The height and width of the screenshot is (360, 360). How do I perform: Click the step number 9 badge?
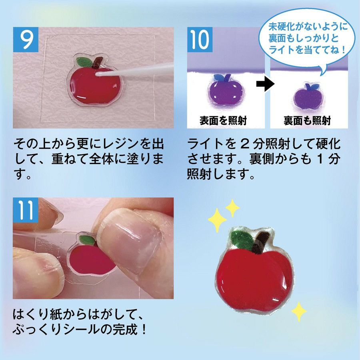26,40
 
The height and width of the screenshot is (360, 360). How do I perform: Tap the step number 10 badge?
200,40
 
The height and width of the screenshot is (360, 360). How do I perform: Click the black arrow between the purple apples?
265,84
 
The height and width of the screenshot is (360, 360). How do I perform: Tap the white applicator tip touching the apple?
99,74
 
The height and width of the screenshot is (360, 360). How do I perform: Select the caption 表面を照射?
223,121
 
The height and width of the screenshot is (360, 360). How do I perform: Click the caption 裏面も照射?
307,121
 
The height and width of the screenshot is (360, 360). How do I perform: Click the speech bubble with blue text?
306,41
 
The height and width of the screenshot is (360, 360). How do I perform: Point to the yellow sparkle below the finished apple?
299,311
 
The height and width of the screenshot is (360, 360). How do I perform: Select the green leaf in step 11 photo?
87,240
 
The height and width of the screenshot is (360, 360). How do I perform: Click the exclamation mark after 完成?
144,330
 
